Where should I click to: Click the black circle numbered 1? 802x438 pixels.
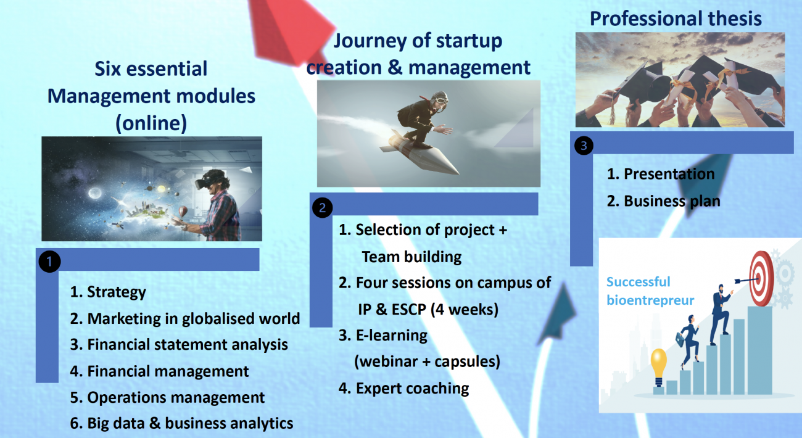49,262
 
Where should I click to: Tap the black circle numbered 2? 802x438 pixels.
322,207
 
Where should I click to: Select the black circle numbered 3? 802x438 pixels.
584,146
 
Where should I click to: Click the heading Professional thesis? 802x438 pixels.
676,19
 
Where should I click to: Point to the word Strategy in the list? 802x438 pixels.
117,292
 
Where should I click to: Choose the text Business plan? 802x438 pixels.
672,201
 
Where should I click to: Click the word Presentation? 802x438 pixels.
669,174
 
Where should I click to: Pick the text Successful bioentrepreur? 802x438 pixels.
650,291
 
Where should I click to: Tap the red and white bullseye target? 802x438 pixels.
761,278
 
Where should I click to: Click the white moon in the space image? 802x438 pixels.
94,193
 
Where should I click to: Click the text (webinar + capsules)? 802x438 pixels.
427,362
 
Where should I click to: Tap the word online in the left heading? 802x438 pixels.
151,123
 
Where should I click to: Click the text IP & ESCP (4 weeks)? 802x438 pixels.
428,310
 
